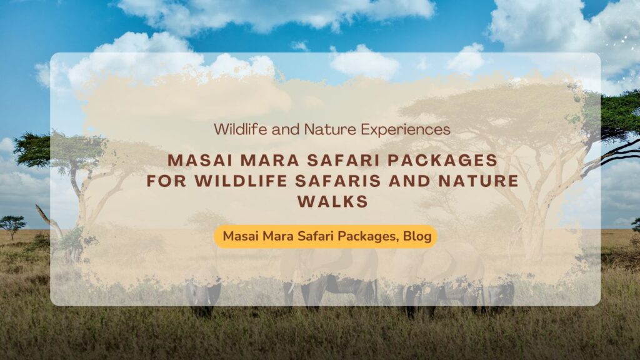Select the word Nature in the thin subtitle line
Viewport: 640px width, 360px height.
(x=326, y=129)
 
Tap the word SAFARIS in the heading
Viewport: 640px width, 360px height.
(x=337, y=181)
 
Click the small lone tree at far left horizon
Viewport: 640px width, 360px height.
(x=12, y=224)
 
